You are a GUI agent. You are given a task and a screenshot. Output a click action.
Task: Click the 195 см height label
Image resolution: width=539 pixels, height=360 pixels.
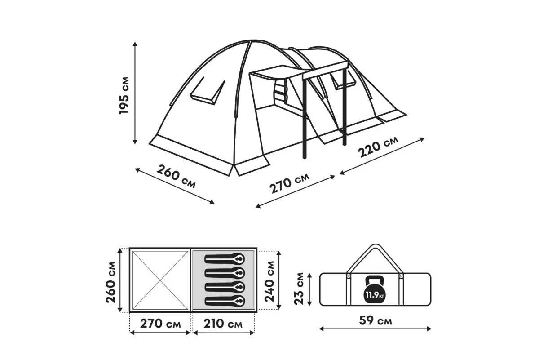(x=125, y=95)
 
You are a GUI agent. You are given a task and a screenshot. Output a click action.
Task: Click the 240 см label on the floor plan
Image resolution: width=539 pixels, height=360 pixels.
(x=269, y=281)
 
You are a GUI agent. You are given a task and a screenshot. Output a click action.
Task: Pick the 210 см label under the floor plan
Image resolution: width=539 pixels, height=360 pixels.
(x=223, y=324)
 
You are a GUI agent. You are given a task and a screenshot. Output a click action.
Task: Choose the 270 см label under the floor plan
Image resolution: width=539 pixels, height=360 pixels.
(x=160, y=324)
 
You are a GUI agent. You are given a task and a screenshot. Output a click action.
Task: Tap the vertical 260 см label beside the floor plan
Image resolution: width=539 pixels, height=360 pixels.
(x=110, y=282)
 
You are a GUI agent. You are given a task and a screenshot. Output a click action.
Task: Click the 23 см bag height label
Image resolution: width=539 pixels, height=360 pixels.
(x=299, y=289)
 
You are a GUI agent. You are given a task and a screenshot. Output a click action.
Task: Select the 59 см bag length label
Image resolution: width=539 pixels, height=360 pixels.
(x=376, y=321)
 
